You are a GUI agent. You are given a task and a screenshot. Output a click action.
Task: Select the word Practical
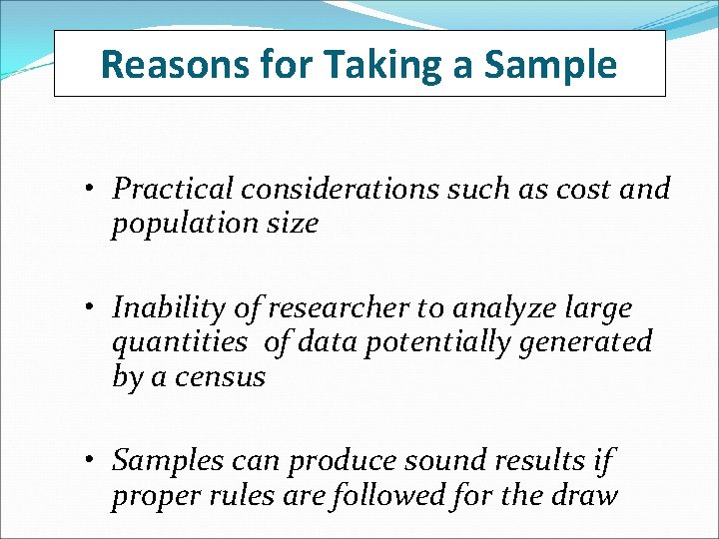(172, 189)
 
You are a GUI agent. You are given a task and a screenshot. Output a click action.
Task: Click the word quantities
(179, 343)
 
